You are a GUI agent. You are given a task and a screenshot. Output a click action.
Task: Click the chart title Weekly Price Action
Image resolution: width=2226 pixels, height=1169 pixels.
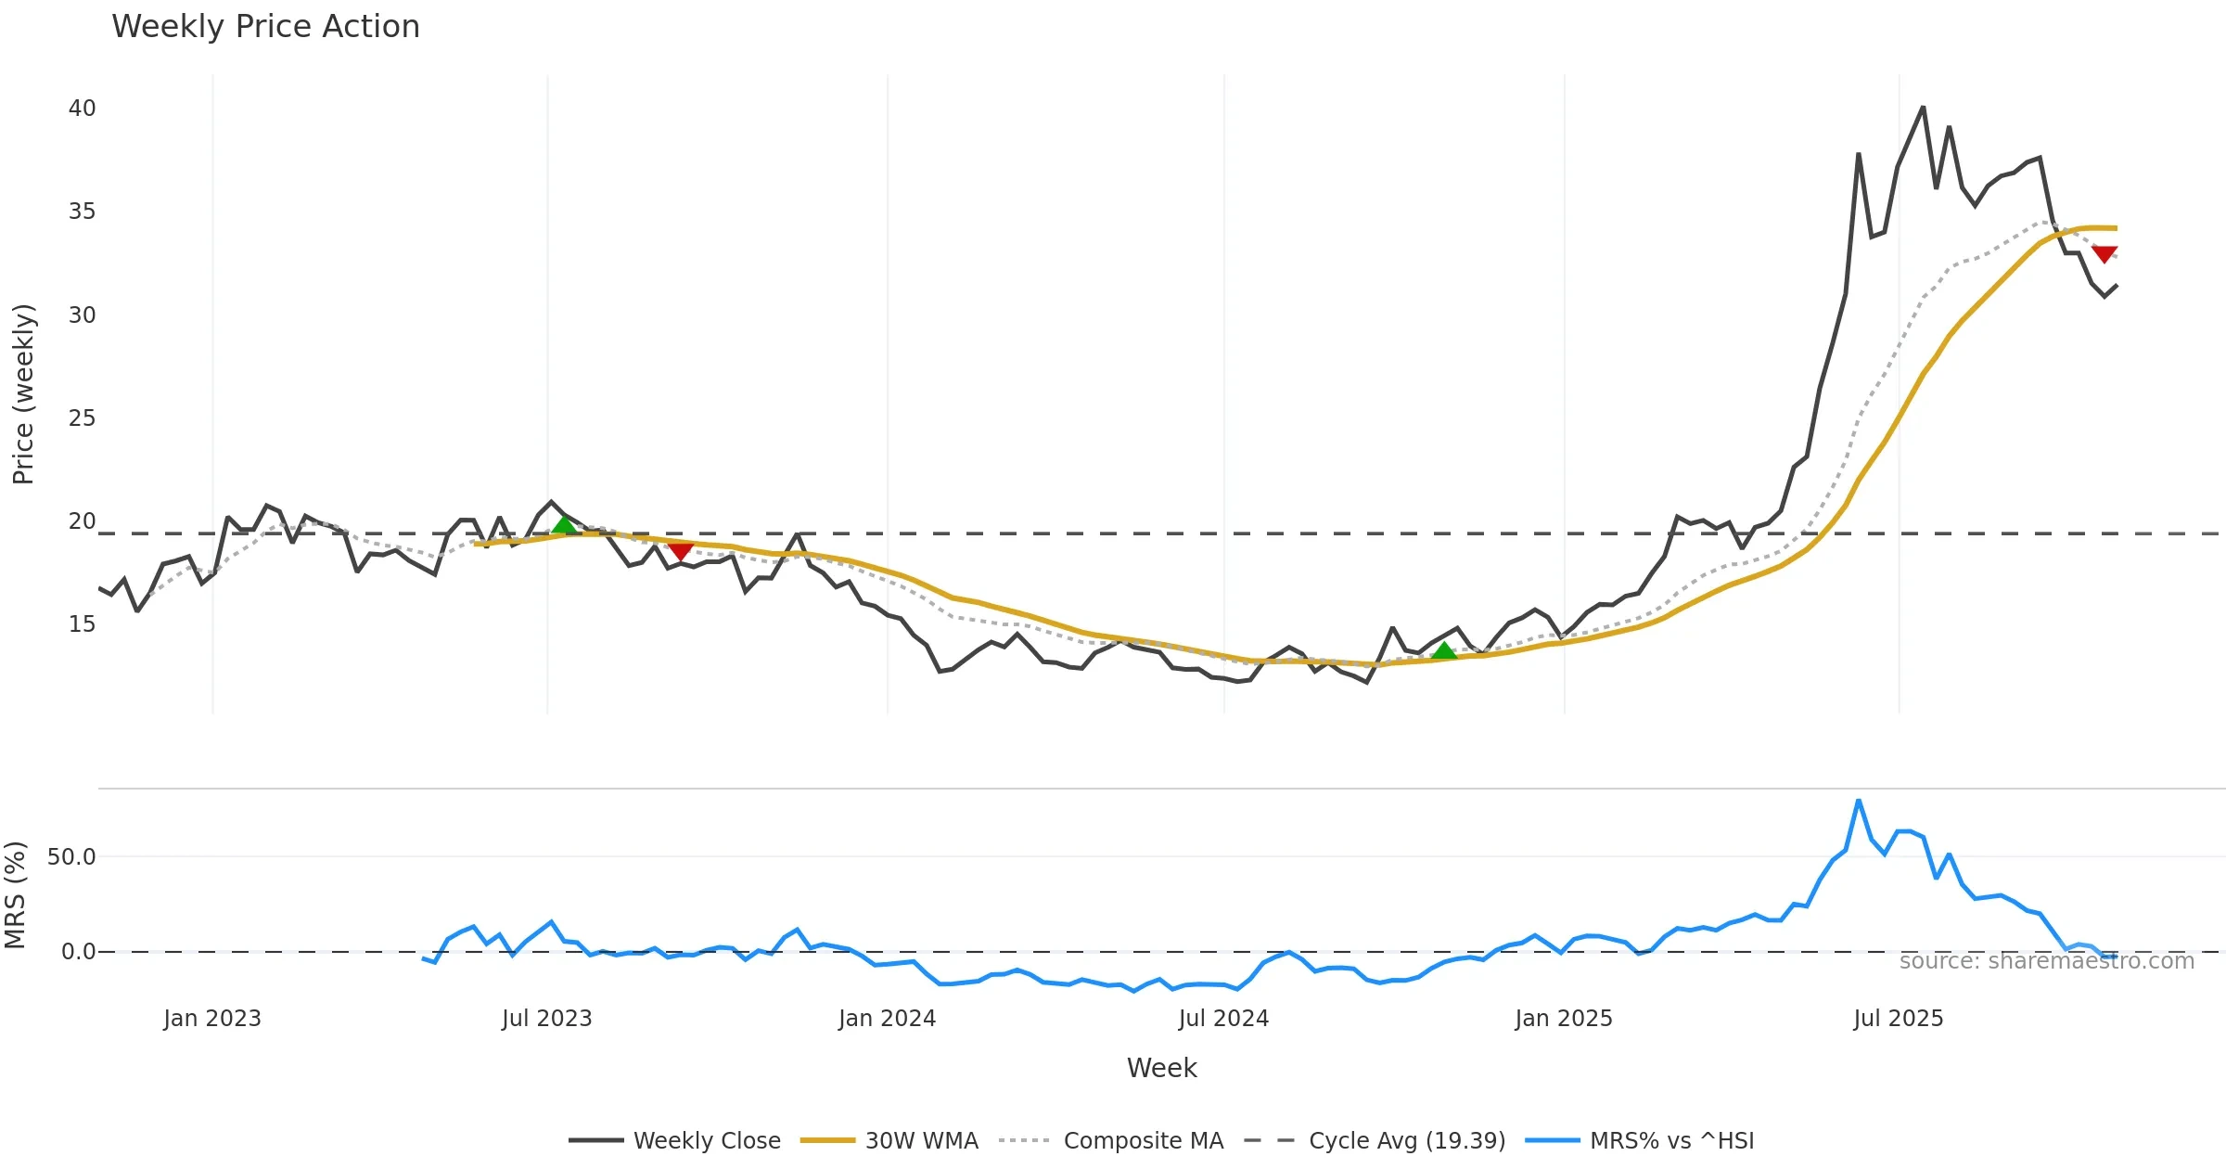click(x=265, y=27)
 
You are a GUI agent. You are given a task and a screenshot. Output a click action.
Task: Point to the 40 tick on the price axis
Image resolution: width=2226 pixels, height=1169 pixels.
click(x=82, y=109)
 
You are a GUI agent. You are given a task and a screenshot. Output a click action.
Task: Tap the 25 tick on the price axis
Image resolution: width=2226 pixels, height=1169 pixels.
click(x=82, y=418)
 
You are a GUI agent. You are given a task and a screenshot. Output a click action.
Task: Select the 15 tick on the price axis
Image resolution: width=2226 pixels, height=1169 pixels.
click(x=82, y=624)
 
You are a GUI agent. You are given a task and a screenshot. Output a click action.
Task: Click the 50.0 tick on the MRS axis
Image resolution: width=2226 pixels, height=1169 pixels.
click(x=71, y=857)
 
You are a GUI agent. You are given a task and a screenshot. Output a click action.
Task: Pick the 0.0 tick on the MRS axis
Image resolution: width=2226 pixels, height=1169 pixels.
click(x=78, y=952)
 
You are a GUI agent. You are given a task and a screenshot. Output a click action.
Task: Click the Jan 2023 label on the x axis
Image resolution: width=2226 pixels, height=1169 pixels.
click(x=212, y=1019)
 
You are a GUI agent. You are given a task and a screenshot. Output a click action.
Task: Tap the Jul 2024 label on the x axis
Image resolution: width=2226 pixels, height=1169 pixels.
click(x=1223, y=1019)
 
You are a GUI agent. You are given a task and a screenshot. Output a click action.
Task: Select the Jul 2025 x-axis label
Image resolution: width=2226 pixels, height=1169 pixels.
click(x=1898, y=1019)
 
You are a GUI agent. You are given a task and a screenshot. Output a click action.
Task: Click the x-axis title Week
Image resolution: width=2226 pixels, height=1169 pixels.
click(x=1161, y=1069)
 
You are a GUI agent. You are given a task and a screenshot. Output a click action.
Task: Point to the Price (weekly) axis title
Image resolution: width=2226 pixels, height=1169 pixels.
click(x=23, y=394)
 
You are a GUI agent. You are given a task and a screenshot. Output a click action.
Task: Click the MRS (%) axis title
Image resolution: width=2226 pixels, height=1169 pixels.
click(x=15, y=895)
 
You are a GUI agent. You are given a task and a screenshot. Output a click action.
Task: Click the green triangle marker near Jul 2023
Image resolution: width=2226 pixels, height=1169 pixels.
click(x=564, y=526)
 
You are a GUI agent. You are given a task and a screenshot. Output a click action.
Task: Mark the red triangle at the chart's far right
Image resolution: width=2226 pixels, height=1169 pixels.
click(x=2104, y=253)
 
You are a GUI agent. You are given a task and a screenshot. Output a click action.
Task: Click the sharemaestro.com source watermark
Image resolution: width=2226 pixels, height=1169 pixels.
click(x=2046, y=961)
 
